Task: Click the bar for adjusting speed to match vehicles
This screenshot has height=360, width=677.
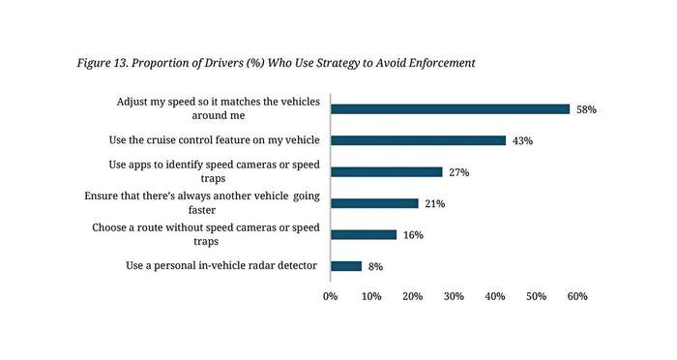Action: (x=451, y=109)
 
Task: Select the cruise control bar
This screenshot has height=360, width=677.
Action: (x=419, y=140)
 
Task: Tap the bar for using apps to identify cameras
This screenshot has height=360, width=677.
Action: (x=387, y=172)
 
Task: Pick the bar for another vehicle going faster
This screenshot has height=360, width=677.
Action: (x=375, y=203)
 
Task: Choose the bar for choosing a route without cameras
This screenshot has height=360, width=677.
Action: (x=364, y=234)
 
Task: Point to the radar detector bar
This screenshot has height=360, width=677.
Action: (x=346, y=266)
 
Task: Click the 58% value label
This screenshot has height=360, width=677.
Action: (x=586, y=109)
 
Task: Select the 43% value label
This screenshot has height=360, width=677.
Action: (x=522, y=141)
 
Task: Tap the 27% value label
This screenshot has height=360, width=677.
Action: (x=459, y=172)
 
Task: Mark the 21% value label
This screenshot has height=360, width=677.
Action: (x=435, y=203)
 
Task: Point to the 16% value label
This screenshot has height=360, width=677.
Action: (x=413, y=235)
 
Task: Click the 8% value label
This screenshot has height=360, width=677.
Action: (x=375, y=267)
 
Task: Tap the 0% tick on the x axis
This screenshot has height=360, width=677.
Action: (x=331, y=296)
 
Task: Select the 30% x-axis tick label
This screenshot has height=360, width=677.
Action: (x=454, y=296)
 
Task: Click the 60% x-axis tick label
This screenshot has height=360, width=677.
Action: (x=577, y=296)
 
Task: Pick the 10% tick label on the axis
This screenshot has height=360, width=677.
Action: (x=371, y=296)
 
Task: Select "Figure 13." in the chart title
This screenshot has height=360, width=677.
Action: (x=103, y=64)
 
